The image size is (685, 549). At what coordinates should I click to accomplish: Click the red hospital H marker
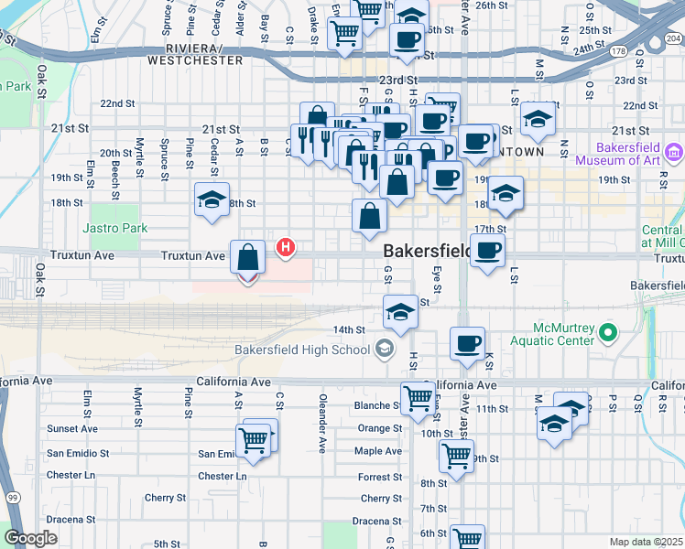287,247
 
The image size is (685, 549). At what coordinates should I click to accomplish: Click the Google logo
30,538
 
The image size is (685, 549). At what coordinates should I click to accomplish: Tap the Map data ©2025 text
647,542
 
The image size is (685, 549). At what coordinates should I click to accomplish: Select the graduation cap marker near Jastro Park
212,201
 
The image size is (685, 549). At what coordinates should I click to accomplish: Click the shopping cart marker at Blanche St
418,398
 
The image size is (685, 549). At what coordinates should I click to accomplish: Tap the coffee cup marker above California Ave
468,344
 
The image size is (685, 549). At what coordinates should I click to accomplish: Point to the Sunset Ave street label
72,428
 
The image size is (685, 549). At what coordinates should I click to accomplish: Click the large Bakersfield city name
426,251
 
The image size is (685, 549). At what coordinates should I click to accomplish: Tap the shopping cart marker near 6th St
468,538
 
